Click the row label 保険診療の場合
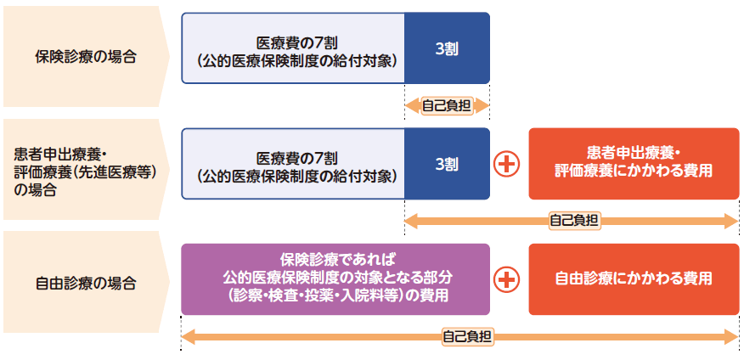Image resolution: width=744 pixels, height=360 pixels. coord(85,57)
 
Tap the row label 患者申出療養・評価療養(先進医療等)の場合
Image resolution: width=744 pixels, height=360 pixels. coord(85,171)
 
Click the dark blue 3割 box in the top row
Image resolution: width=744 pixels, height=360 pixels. coord(447,48)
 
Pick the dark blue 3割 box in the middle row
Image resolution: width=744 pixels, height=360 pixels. coord(447,164)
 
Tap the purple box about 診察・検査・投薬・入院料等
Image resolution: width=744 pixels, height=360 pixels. coord(335,278)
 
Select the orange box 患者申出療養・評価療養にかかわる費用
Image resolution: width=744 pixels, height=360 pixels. coord(633,163)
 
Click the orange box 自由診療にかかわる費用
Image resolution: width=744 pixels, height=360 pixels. coord(633,278)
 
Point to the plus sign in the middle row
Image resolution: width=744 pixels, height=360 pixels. coord(508,164)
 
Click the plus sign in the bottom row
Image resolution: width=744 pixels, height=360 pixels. coord(508,278)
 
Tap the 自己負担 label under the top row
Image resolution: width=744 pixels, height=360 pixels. coord(448,106)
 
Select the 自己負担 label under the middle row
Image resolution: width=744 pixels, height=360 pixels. coord(574,221)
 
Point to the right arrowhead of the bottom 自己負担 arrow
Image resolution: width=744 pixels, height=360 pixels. coord(733,336)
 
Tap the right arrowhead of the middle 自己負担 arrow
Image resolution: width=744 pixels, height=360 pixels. coord(733,221)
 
